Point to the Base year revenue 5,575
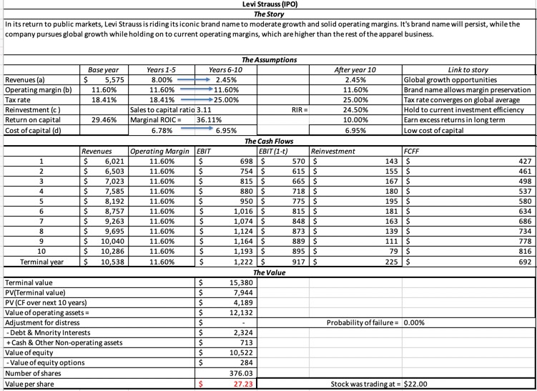[x=112, y=80]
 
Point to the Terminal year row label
[x=40, y=262]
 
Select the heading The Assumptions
[x=268, y=60]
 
